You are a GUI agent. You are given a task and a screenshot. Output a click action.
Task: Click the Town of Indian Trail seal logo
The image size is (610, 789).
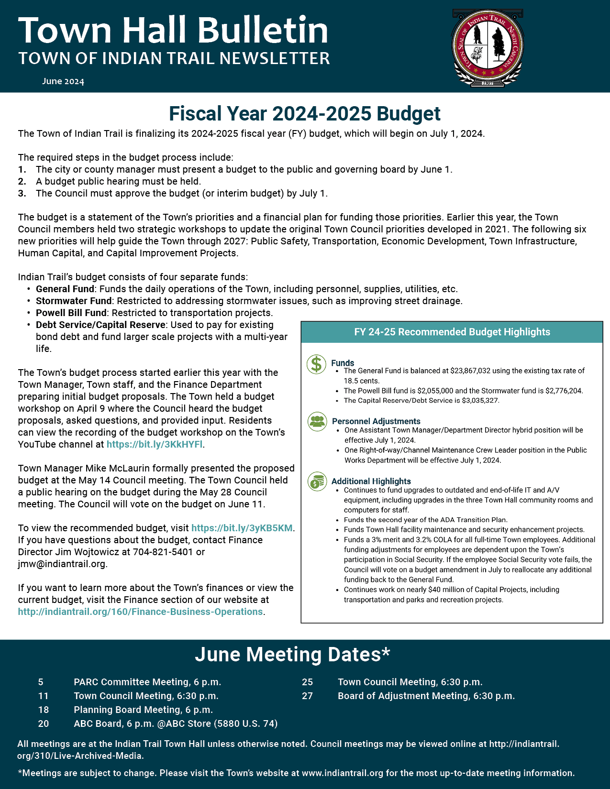click(x=488, y=48)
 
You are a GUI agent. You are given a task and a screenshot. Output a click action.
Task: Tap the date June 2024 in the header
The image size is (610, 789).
click(x=63, y=81)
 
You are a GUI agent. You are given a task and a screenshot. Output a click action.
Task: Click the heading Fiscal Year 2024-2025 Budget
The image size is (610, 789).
click(x=305, y=114)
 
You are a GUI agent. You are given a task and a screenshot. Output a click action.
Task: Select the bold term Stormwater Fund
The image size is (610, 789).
click(x=74, y=301)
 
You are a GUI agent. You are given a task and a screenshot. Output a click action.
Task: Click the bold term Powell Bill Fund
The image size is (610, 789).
click(x=71, y=313)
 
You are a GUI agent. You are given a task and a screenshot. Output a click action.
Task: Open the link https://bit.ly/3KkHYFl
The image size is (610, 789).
click(x=155, y=444)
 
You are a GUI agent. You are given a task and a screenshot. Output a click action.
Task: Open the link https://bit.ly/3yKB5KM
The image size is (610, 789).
click(x=242, y=528)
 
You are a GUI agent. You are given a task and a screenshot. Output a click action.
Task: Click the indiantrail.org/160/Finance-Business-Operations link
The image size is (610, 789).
click(x=140, y=612)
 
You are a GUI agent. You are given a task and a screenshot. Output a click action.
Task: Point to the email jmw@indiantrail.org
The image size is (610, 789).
click(x=62, y=564)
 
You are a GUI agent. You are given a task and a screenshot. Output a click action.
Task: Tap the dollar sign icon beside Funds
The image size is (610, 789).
click(x=316, y=364)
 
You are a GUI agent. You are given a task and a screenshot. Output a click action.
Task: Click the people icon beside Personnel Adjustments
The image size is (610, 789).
click(x=317, y=421)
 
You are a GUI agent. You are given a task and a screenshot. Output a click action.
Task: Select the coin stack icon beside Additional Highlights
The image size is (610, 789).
click(x=316, y=481)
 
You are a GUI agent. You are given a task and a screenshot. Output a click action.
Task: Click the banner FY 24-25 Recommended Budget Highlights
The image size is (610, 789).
click(x=452, y=332)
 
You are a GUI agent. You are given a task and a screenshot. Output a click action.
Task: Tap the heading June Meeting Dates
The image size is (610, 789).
click(x=292, y=654)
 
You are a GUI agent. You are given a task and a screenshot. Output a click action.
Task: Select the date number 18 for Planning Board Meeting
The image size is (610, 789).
click(x=44, y=710)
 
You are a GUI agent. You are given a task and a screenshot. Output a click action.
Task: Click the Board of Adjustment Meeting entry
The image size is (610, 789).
click(x=426, y=696)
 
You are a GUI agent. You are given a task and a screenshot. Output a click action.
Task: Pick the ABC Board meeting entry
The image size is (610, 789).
click(x=176, y=723)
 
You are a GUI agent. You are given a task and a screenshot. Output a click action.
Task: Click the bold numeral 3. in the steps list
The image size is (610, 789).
click(x=22, y=193)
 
